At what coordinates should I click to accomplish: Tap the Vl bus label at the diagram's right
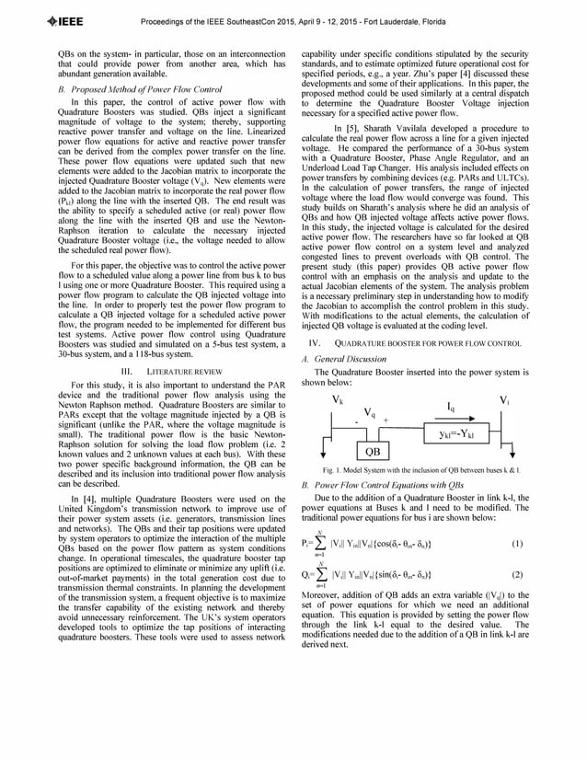pyautogui.click(x=504, y=400)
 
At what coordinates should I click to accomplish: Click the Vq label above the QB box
pyautogui.click(x=369, y=412)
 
